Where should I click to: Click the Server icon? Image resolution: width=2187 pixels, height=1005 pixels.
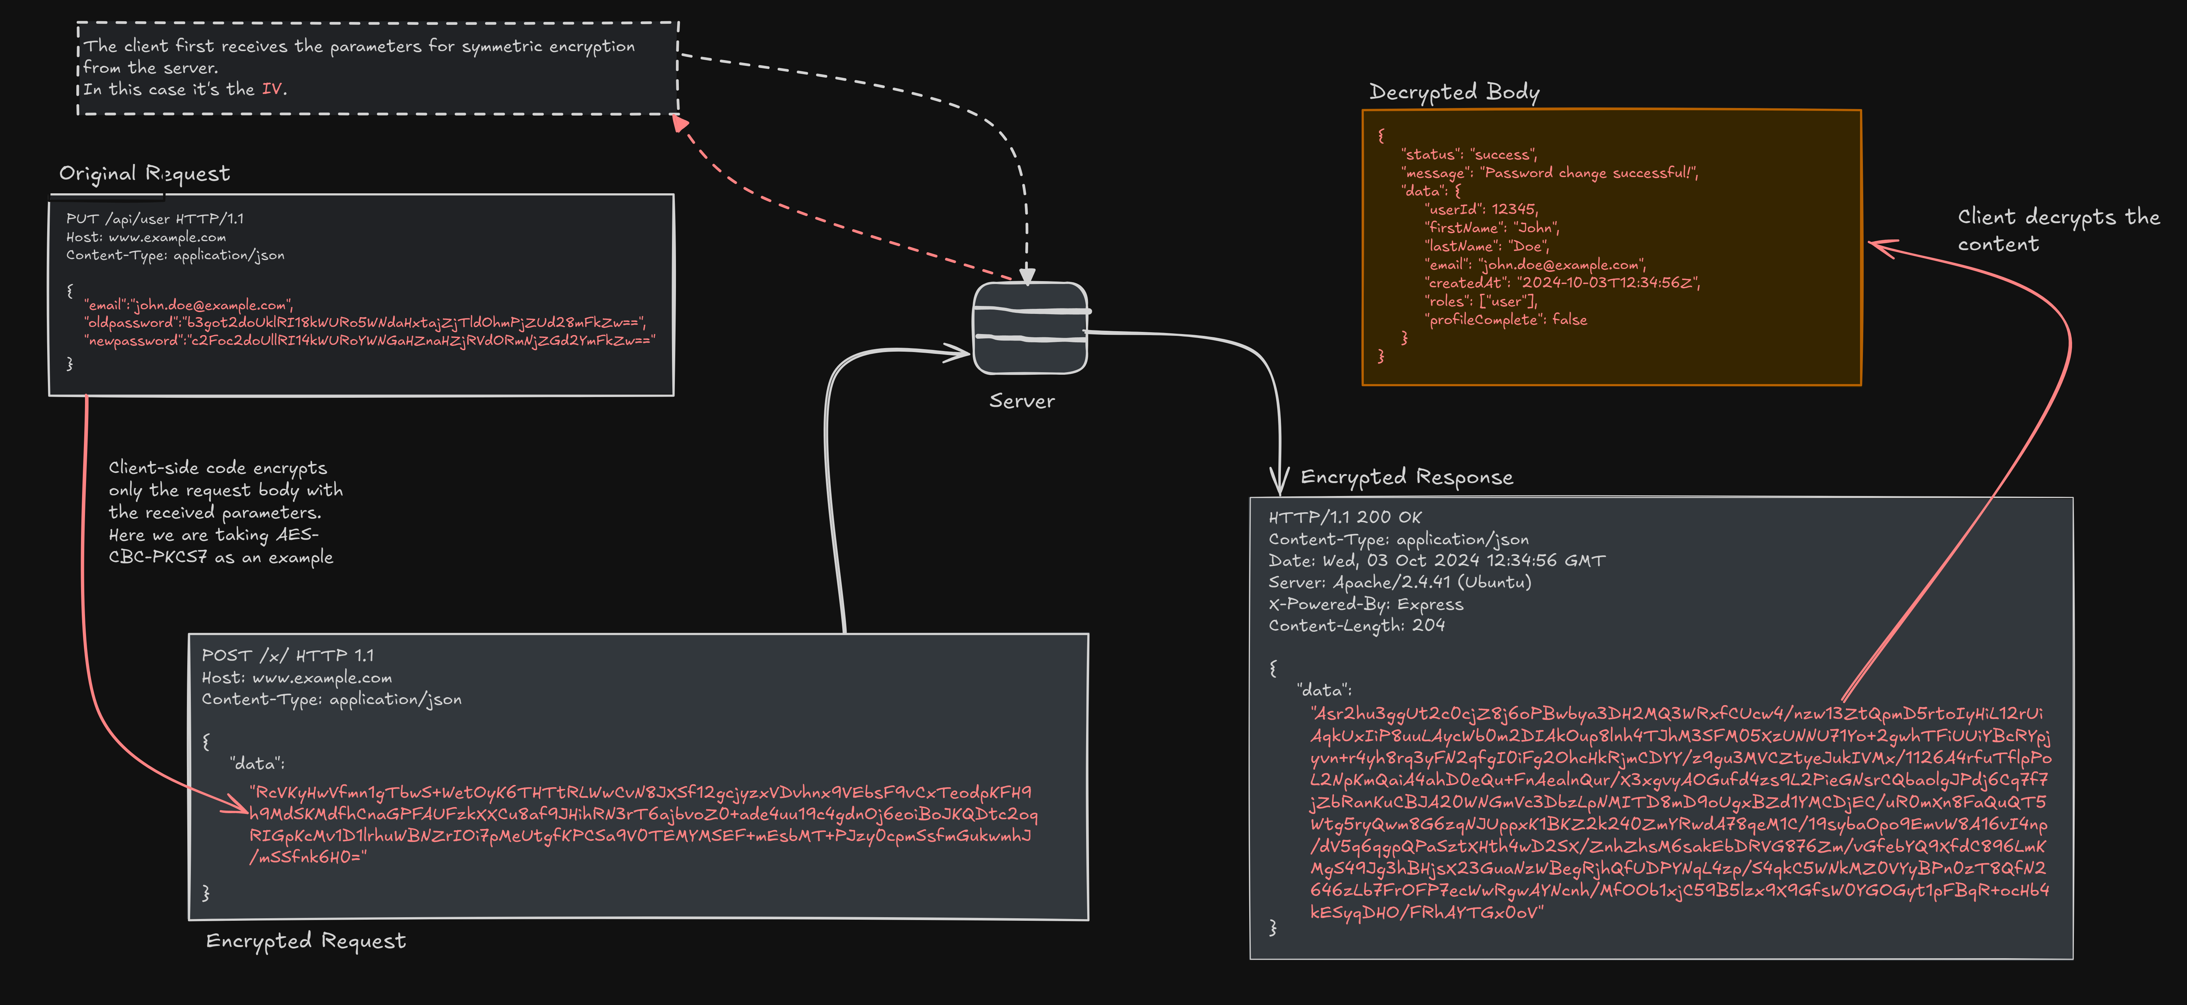(1029, 328)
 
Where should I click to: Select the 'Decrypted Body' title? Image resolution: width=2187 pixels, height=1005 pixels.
(1453, 92)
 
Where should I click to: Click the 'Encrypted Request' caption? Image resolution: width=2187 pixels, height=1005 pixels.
(306, 941)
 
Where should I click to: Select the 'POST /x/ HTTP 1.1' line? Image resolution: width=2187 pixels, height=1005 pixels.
(287, 655)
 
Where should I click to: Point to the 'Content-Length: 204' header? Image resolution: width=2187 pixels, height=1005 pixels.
(1356, 626)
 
